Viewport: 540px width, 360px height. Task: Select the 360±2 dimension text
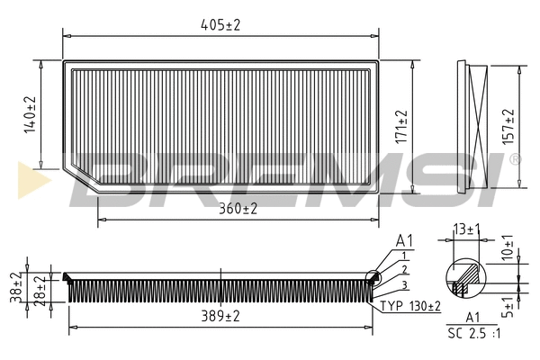238,209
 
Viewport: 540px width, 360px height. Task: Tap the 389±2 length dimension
220,317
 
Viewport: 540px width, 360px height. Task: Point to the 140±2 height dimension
30,115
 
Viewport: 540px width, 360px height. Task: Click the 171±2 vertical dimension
402,127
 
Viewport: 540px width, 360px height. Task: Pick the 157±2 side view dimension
508,127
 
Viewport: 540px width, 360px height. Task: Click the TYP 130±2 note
410,307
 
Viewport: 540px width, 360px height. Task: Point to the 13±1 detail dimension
466,229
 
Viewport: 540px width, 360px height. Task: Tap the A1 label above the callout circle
404,241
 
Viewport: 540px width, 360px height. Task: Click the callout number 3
405,284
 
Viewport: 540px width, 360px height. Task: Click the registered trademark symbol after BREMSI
515,160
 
